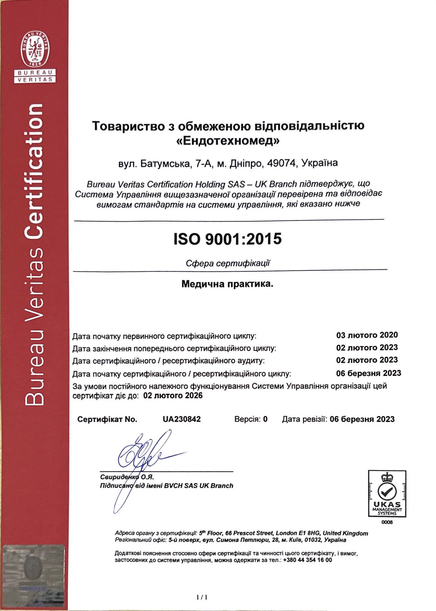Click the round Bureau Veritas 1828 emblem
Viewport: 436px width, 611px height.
pyautogui.click(x=35, y=49)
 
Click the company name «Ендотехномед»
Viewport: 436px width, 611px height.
pyautogui.click(x=228, y=141)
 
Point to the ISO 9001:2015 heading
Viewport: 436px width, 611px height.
pyautogui.click(x=228, y=238)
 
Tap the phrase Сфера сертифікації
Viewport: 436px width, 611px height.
pyautogui.click(x=228, y=263)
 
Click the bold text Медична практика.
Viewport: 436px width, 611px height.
pyautogui.click(x=227, y=284)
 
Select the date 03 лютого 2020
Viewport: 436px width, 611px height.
pyautogui.click(x=367, y=335)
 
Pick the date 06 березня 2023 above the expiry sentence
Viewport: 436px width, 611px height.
pyautogui.click(x=368, y=373)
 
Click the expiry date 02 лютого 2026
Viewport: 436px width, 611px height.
pyautogui.click(x=173, y=395)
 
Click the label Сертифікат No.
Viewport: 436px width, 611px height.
pyautogui.click(x=107, y=419)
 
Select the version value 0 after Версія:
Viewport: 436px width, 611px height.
pyautogui.click(x=265, y=419)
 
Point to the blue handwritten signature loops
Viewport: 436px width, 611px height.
pyautogui.click(x=140, y=453)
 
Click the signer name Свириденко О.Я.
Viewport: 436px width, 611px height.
pyautogui.click(x=127, y=477)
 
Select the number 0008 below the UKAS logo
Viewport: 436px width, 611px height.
pyautogui.click(x=387, y=522)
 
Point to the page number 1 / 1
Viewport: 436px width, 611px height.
pyautogui.click(x=202, y=597)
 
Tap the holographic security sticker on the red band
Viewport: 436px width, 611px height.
pyautogui.click(x=34, y=574)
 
